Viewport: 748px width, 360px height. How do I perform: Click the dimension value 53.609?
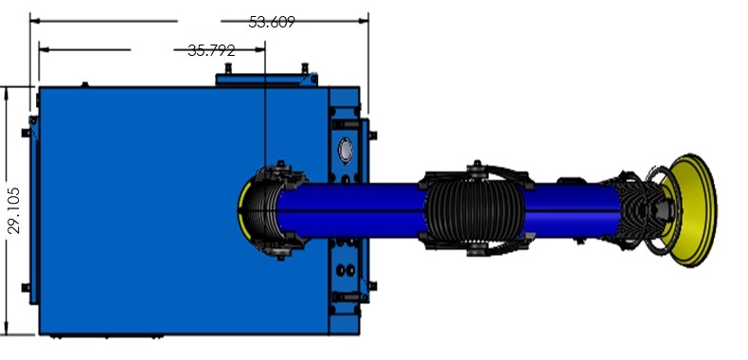[272, 22]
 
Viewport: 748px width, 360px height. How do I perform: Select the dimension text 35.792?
[211, 50]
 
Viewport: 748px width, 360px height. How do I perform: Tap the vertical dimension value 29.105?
[14, 210]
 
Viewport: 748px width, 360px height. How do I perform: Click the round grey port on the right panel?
[345, 150]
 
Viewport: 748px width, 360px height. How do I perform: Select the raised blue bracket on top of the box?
[266, 80]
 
